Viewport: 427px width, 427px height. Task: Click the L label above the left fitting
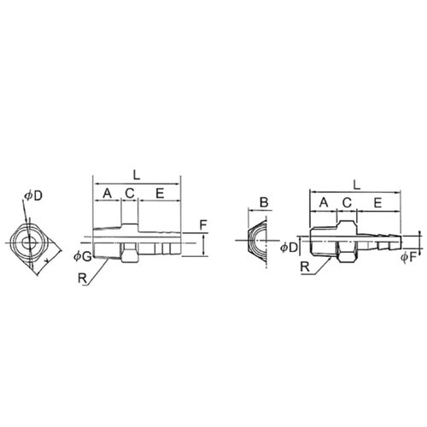click(137, 175)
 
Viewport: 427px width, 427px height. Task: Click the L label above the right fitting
click(357, 185)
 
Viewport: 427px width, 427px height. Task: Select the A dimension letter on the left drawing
click(107, 194)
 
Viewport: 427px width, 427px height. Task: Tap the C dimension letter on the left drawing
click(130, 194)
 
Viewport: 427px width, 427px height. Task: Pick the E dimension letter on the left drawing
click(160, 194)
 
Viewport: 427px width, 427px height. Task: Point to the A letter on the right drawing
click(324, 202)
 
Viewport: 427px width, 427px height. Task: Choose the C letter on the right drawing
click(347, 202)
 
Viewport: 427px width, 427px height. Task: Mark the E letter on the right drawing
click(377, 202)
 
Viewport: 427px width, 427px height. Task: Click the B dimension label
click(264, 202)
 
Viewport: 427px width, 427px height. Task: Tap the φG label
click(83, 257)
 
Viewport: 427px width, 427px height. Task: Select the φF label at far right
click(409, 257)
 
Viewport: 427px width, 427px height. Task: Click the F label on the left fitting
click(202, 225)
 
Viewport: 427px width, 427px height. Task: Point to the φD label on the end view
click(33, 196)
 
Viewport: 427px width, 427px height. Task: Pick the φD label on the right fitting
click(289, 248)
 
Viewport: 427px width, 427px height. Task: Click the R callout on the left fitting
click(82, 278)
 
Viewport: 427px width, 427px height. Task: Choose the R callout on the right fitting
click(305, 267)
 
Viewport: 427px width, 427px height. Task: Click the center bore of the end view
click(28, 243)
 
